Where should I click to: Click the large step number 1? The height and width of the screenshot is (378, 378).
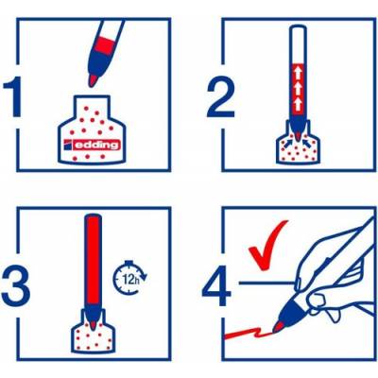click(13, 96)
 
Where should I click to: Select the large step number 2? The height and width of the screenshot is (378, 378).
click(221, 98)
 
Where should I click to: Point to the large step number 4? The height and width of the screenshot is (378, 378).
click(216, 286)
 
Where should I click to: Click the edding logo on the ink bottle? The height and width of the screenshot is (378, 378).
click(92, 145)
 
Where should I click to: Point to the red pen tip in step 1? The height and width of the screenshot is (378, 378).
click(93, 80)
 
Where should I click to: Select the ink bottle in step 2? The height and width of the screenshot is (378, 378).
click(298, 146)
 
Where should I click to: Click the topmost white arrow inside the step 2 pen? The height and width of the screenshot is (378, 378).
click(298, 74)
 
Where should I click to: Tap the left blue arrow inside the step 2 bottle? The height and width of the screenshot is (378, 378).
click(288, 144)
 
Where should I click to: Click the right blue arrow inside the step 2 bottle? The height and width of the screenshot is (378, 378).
click(306, 144)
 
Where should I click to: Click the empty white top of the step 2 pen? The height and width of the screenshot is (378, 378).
click(298, 44)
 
